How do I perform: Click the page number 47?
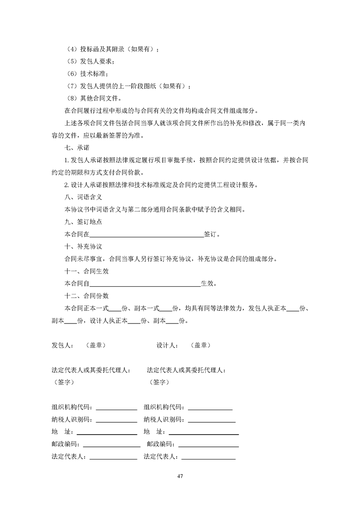pos(180,476)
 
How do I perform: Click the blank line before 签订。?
pos(147,235)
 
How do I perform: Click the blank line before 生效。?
pos(145,284)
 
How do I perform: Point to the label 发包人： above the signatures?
pos(63,345)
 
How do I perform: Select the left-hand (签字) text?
pos(64,382)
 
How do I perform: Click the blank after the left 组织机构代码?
pos(116,407)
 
